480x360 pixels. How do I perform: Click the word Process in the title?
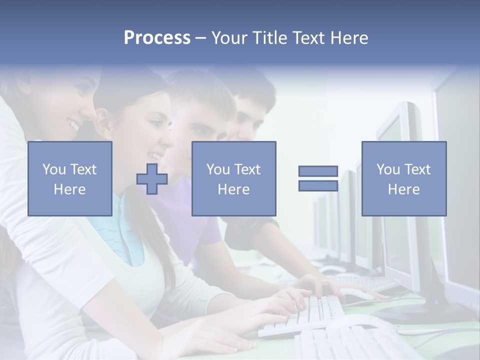tap(157, 38)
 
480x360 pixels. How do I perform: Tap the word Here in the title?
tap(348, 38)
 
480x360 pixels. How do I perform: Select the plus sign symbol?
tap(152, 179)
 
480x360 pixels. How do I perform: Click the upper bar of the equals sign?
tap(318, 171)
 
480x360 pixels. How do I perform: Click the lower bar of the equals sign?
tap(318, 186)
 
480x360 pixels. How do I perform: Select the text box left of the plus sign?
tap(70, 178)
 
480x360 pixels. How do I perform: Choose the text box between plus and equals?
tap(233, 178)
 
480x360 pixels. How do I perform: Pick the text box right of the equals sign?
tap(404, 178)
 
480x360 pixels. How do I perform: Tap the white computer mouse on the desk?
tap(356, 294)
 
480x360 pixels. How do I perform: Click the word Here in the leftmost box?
tap(69, 189)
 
